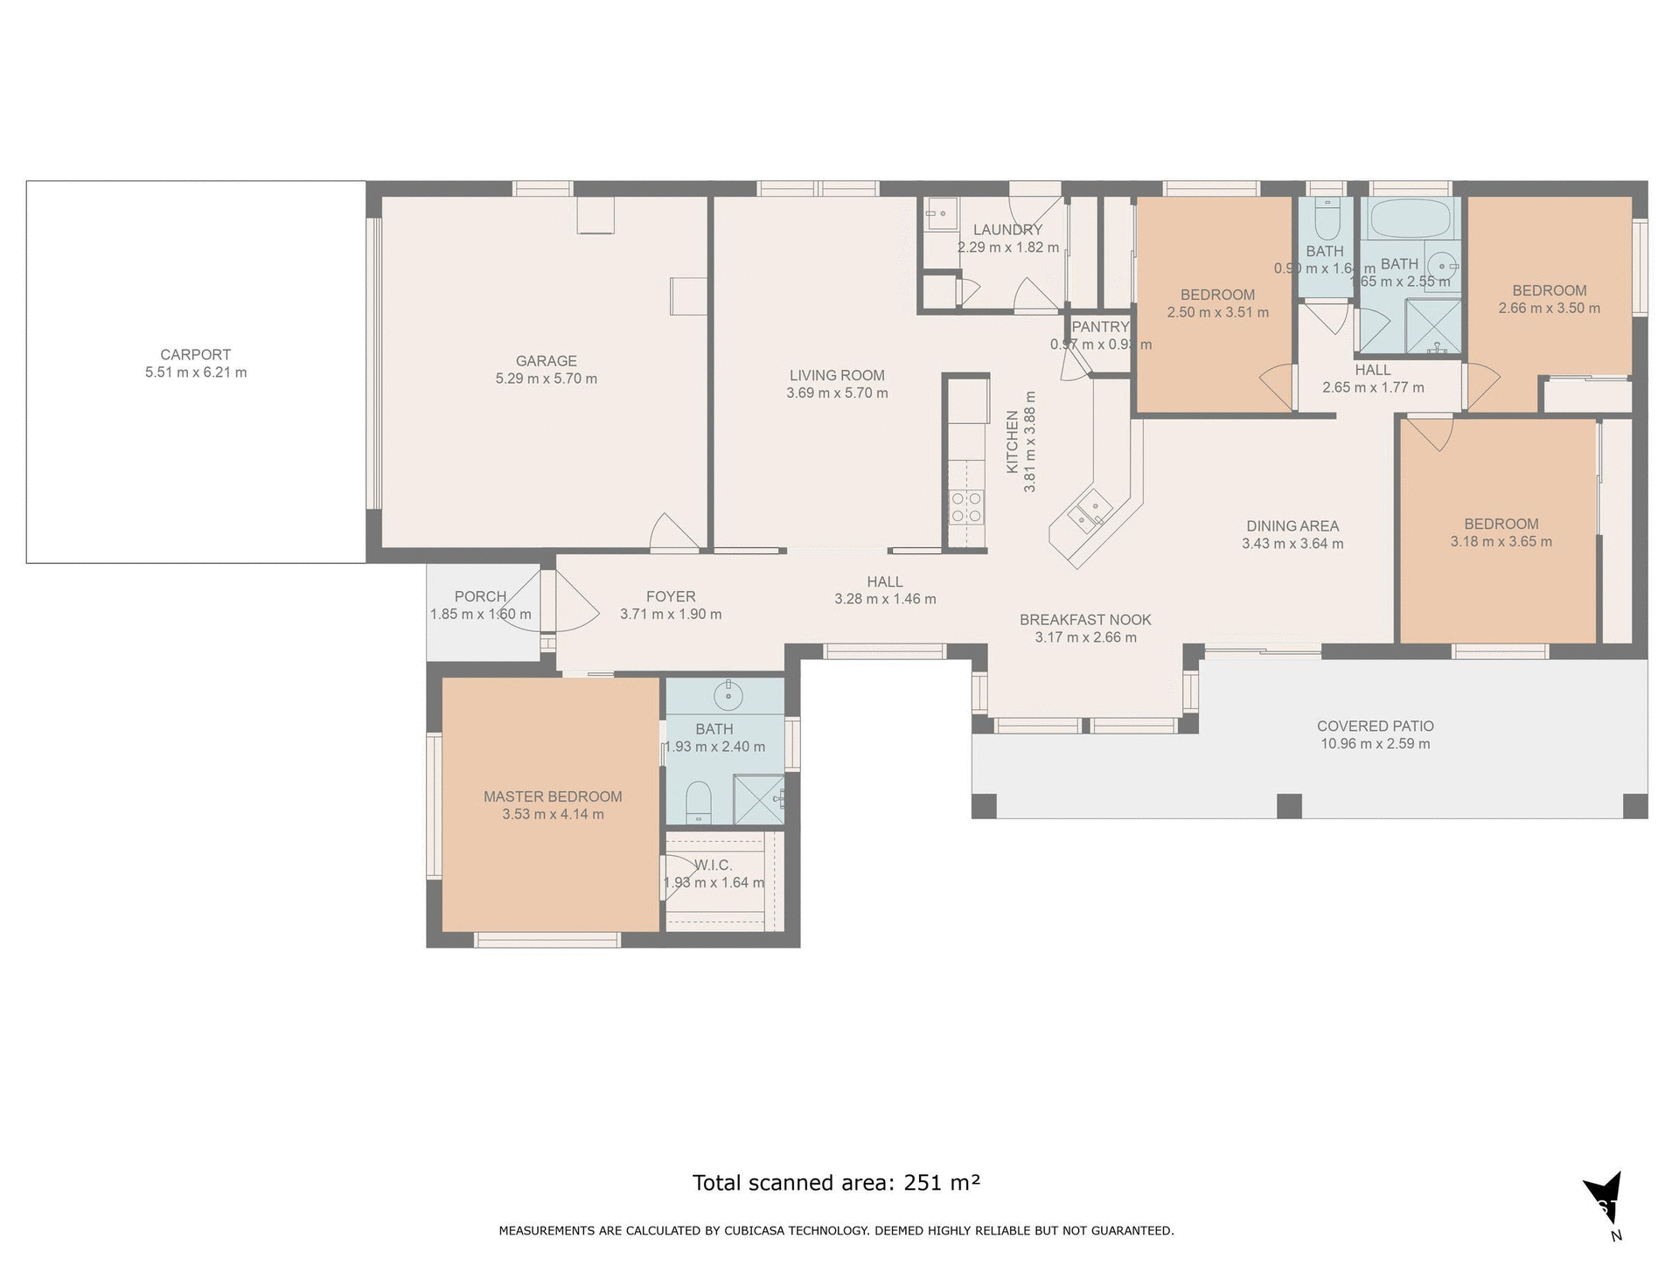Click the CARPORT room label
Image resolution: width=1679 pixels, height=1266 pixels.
coord(195,354)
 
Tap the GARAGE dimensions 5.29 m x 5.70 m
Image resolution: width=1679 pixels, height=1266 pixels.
coord(546,379)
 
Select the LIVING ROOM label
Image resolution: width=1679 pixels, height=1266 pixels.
coord(837,375)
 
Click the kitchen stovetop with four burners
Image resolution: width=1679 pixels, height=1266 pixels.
coord(966,507)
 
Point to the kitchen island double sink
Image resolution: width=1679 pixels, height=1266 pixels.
coord(1089,512)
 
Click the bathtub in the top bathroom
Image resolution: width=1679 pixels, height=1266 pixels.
coord(1409,218)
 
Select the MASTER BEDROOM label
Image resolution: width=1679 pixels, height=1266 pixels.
coord(553,796)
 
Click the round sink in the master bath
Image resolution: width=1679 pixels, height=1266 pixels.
coord(728,696)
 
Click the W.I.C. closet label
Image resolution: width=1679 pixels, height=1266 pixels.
coord(714,865)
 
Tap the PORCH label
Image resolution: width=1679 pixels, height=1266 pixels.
coord(480,596)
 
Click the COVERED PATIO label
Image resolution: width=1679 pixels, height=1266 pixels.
coord(1375,726)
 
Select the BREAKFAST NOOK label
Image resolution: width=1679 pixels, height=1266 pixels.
coord(1085,620)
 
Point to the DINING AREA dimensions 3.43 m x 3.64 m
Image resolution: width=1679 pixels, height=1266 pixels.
coord(1292,544)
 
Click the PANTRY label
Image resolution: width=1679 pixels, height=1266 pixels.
coord(1100,327)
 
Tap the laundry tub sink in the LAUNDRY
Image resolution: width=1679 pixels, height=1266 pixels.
coord(942,213)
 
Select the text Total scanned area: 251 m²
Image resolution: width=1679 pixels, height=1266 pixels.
coord(836,1183)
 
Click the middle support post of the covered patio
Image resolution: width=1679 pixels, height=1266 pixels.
coord(1289,805)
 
